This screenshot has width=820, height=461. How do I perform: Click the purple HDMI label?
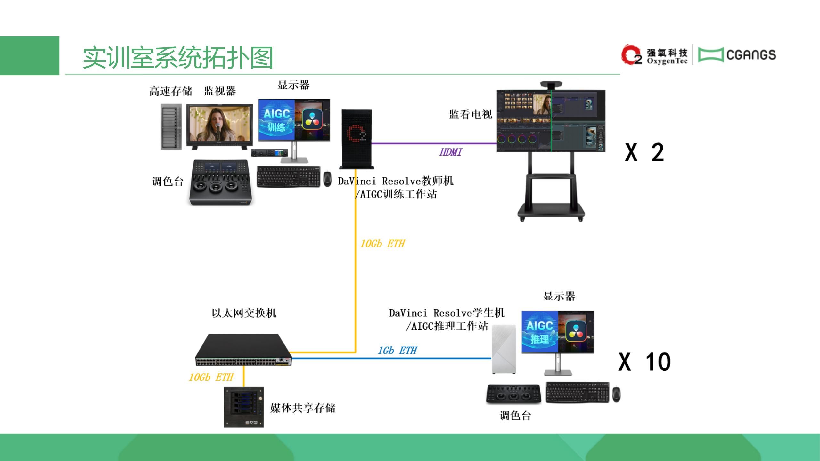451,152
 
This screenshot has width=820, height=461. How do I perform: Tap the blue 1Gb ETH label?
397,351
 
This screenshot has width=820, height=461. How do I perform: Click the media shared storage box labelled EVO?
244,407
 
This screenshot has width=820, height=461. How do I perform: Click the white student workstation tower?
504,349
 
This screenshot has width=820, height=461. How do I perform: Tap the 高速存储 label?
171,91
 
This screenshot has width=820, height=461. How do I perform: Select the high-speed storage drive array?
171,126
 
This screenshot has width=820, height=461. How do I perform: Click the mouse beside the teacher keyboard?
327,179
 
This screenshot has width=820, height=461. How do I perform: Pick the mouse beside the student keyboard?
616,394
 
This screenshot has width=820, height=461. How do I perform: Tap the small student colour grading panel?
513,393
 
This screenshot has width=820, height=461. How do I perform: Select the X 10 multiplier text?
644,362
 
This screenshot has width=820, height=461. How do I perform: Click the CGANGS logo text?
751,55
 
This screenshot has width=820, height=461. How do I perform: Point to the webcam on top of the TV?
551,85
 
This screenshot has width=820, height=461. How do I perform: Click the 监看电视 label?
471,114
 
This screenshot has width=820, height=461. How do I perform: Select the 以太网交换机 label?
244,313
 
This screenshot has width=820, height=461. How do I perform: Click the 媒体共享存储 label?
303,408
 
